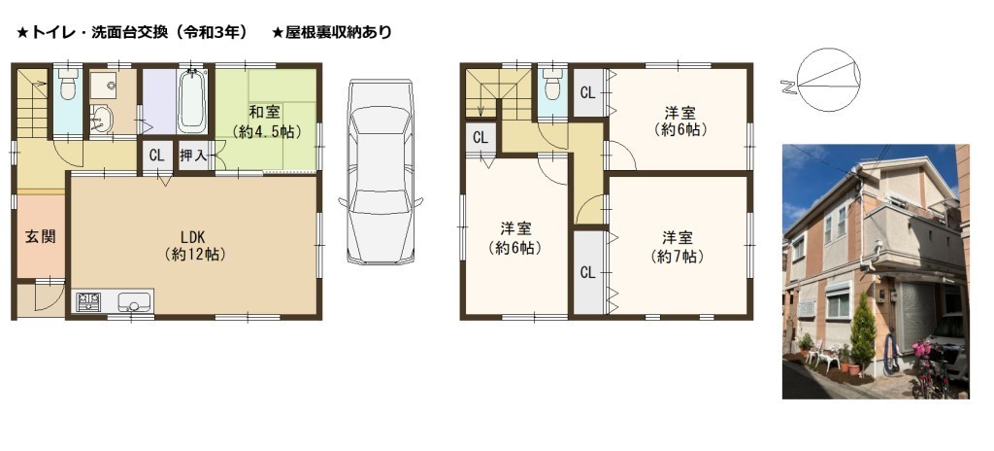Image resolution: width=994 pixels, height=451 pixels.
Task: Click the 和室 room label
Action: tap(266, 113)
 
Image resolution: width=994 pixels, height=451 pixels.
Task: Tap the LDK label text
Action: tap(192, 236)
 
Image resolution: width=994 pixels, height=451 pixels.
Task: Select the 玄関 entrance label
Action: tap(41, 237)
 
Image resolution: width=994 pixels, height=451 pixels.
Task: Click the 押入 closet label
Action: tap(193, 156)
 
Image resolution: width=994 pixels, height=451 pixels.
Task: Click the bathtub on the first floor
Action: tap(193, 101)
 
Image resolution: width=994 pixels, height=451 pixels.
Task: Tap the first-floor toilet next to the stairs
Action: tap(68, 85)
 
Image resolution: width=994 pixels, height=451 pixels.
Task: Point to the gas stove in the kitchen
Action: tap(88, 301)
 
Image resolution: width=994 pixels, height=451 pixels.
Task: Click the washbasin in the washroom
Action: tap(102, 119)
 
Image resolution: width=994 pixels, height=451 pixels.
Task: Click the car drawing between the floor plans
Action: tap(381, 171)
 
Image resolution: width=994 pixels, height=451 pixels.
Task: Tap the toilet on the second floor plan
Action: tap(552, 84)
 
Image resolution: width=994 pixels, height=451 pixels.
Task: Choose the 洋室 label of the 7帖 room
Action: tap(677, 238)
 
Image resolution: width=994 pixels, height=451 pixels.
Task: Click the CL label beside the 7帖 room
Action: tap(587, 272)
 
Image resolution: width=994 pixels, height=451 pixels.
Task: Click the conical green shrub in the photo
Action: tap(863, 334)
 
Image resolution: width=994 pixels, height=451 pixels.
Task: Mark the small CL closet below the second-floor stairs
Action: tap(480, 138)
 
